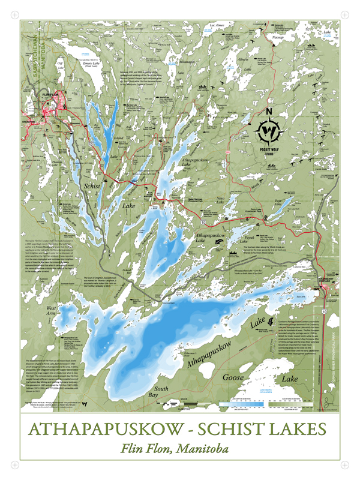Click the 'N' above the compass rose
point(269,112)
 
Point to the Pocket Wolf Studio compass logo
point(269,128)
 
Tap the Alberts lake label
point(244,60)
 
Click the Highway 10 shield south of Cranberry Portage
point(325,313)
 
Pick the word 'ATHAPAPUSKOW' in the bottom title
point(107,430)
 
